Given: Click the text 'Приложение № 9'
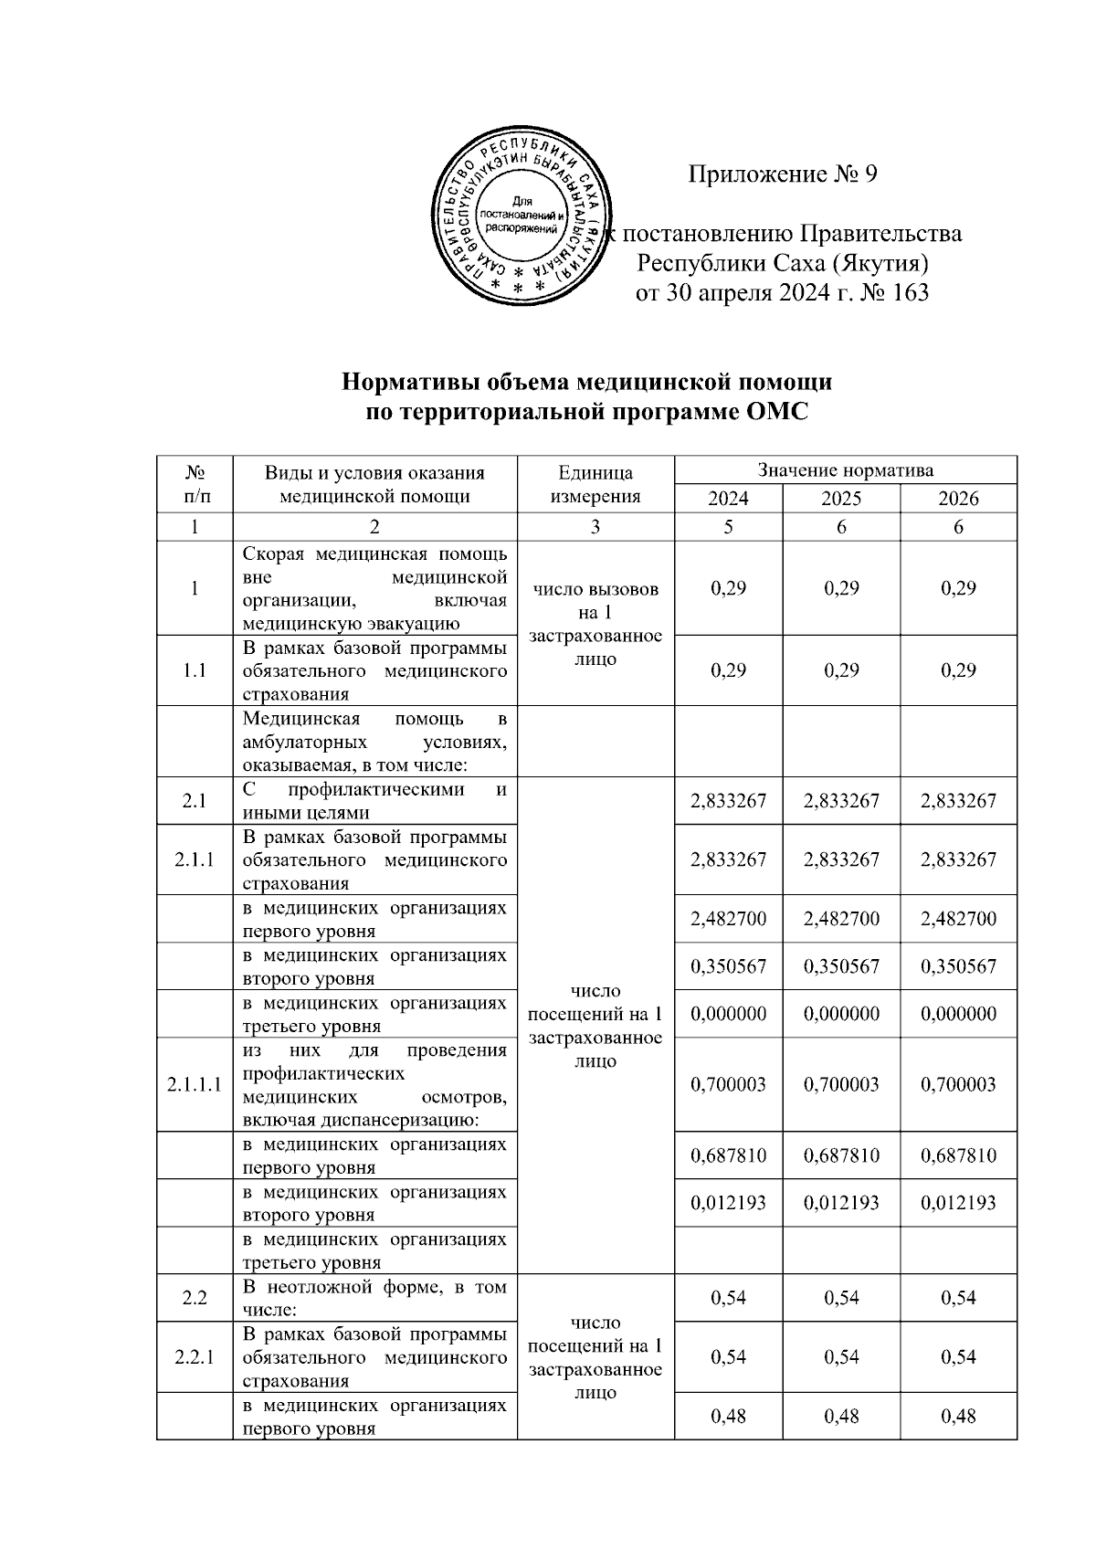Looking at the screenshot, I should (x=782, y=174).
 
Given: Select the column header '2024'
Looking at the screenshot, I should (x=728, y=498).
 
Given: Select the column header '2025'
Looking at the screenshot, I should (x=841, y=498).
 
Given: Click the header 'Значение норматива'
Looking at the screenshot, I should (x=845, y=470).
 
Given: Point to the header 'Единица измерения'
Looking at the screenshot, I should (x=595, y=484).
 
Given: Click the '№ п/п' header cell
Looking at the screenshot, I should (x=195, y=484).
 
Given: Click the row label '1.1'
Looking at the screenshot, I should (x=195, y=670).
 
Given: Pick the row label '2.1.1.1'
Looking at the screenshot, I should (x=195, y=1085).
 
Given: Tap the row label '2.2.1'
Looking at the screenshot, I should (x=195, y=1357).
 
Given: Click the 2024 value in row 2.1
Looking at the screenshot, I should (x=728, y=801).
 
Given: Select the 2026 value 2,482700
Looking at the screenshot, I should (x=958, y=919).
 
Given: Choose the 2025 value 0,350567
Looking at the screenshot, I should (x=841, y=966).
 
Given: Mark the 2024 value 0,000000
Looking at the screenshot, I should (x=728, y=1014).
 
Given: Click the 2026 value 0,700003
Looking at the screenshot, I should (x=958, y=1085).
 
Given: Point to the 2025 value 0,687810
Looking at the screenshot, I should (x=841, y=1155).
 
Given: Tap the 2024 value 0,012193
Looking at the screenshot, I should (x=728, y=1203).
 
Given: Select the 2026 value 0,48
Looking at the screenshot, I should (x=958, y=1417).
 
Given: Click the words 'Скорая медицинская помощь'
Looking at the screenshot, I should (x=374, y=554).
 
